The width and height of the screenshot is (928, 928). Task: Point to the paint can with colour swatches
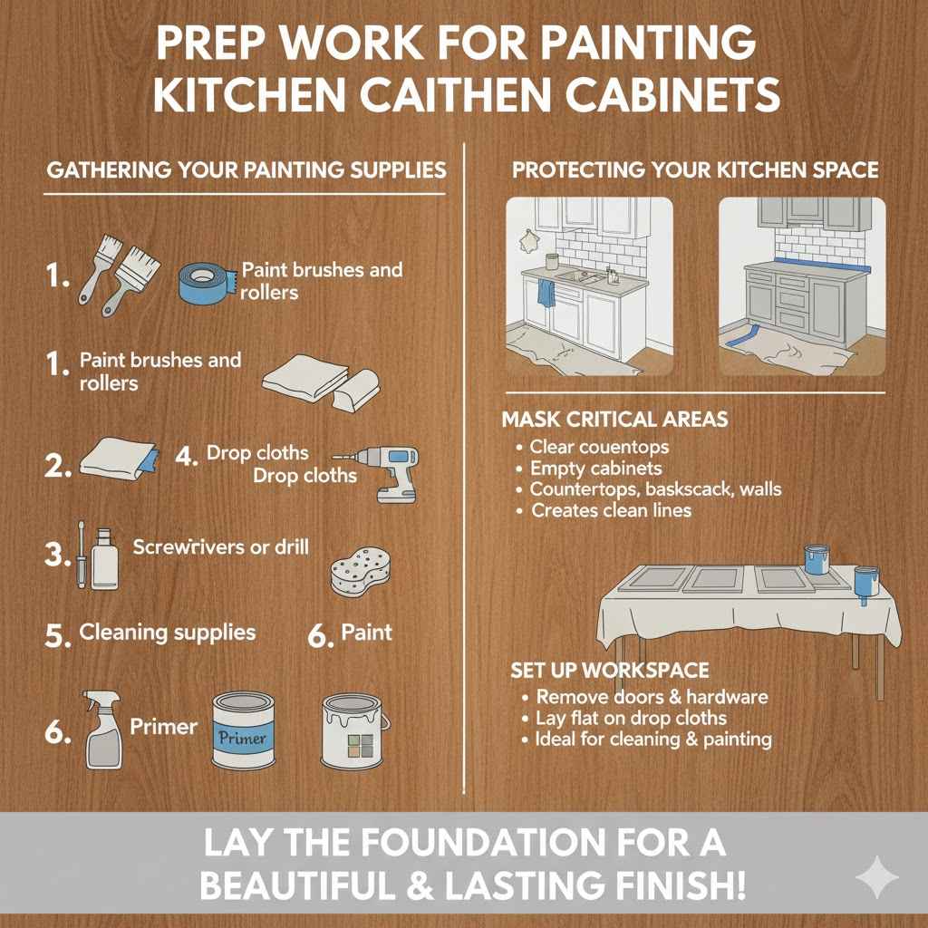coord(355,731)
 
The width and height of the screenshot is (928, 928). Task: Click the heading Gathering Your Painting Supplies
coord(245,169)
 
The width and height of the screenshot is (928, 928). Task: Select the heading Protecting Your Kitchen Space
coord(695,169)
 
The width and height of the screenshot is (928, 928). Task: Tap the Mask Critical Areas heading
coord(614,420)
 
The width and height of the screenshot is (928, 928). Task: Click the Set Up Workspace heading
coord(609,671)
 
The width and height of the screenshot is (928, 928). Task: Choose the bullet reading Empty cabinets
coord(596,469)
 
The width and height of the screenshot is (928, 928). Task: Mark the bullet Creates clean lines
coord(611,510)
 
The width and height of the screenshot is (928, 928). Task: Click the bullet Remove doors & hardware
coord(652,697)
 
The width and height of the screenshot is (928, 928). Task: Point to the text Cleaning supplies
coord(167,632)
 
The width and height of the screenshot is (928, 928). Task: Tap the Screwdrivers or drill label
coord(220,546)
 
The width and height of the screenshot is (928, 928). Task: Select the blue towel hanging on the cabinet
coord(546,294)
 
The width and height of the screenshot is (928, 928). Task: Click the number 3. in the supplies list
coord(56,555)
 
